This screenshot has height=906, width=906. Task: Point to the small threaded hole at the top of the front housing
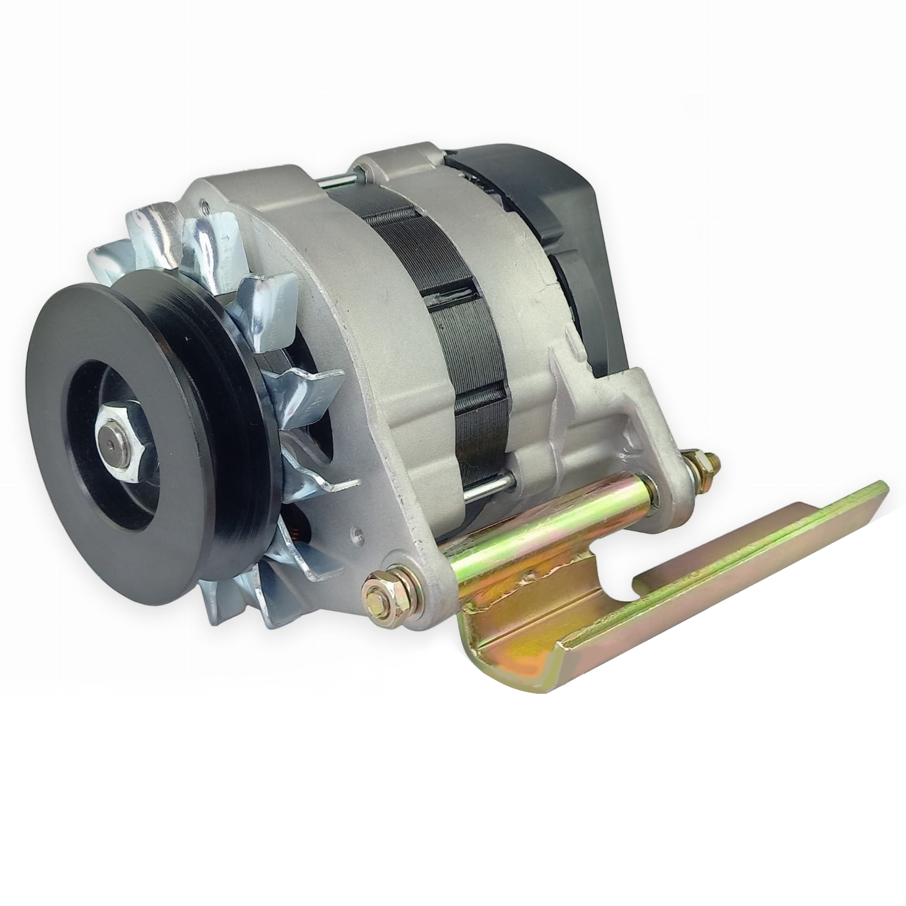click(205, 208)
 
